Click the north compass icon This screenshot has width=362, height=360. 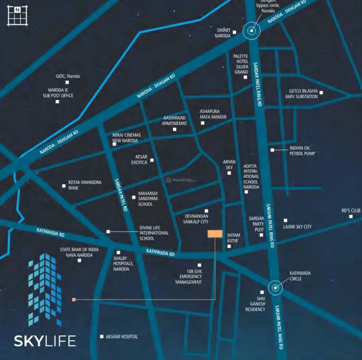[17, 15]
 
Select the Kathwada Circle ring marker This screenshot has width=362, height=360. [276, 287]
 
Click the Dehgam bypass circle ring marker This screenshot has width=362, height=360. [252, 31]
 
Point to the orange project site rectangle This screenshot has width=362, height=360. [215, 234]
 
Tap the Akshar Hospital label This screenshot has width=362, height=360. [122, 336]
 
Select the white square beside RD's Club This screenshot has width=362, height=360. [351, 217]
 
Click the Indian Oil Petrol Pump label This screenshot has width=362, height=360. [302, 151]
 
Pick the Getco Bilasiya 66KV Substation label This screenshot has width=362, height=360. [302, 93]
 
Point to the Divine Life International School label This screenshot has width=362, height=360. [154, 232]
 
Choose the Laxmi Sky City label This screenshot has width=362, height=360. [297, 227]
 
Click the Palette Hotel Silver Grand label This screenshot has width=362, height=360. [241, 64]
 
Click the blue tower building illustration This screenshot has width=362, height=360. [44, 289]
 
